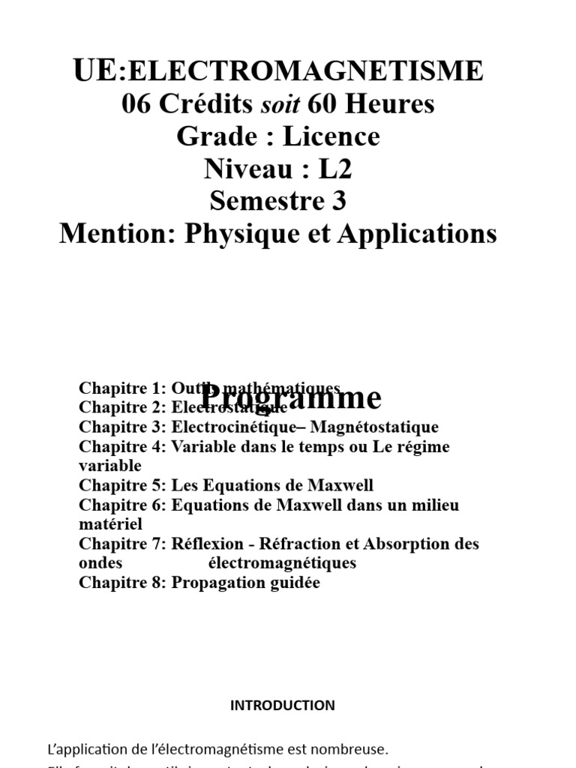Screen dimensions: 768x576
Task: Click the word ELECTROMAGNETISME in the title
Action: pyautogui.click(x=306, y=71)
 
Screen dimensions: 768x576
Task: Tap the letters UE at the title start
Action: pyautogui.click(x=96, y=70)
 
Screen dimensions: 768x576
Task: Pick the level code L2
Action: pyautogui.click(x=334, y=169)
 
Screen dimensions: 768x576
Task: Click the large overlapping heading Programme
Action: pyautogui.click(x=292, y=398)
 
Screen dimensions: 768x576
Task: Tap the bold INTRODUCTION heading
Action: pyautogui.click(x=283, y=706)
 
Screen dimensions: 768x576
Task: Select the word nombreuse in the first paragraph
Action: pyautogui.click(x=346, y=748)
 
